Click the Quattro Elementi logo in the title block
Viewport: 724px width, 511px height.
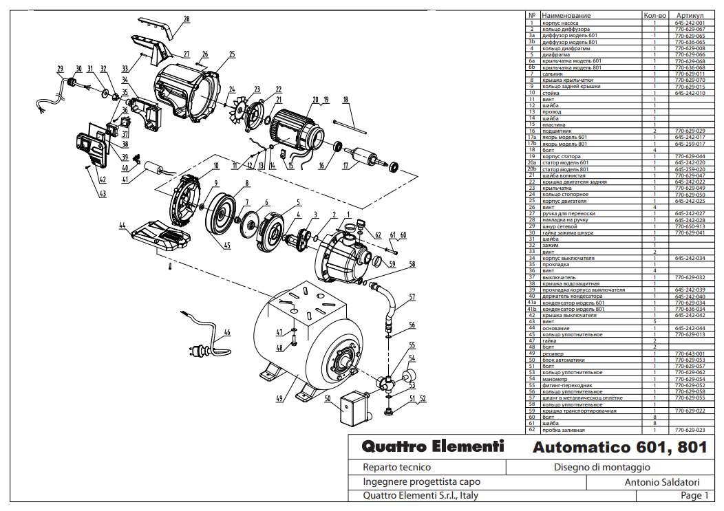433,446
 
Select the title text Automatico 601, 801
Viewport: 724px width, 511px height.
619,447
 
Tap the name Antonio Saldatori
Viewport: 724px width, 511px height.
662,482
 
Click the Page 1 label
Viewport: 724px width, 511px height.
694,495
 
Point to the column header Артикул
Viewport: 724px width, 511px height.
690,15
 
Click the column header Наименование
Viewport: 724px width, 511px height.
566,15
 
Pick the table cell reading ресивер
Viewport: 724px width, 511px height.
553,354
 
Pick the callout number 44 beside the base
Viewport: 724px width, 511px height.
122,225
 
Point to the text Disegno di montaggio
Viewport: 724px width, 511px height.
601,467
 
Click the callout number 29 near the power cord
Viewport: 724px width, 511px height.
61,68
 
